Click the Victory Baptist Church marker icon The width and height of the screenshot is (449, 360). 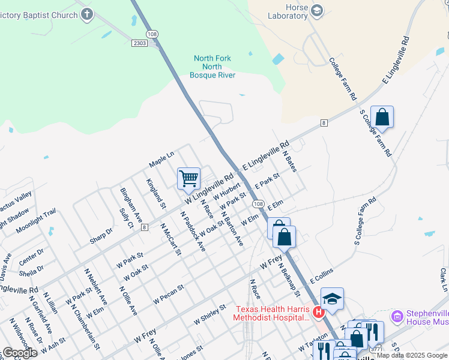tap(87, 14)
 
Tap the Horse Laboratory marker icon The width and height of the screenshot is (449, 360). tap(316, 11)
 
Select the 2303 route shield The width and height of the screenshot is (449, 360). tap(139, 43)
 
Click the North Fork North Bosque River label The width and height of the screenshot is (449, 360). tap(212, 67)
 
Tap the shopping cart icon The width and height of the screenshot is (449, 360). tap(188, 178)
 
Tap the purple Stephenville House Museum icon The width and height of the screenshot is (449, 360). tap(396, 316)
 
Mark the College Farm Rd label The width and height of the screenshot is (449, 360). tap(343, 79)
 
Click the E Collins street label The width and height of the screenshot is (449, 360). tap(321, 277)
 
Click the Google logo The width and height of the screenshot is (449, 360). tap(20, 353)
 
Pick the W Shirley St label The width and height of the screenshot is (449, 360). tap(209, 314)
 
